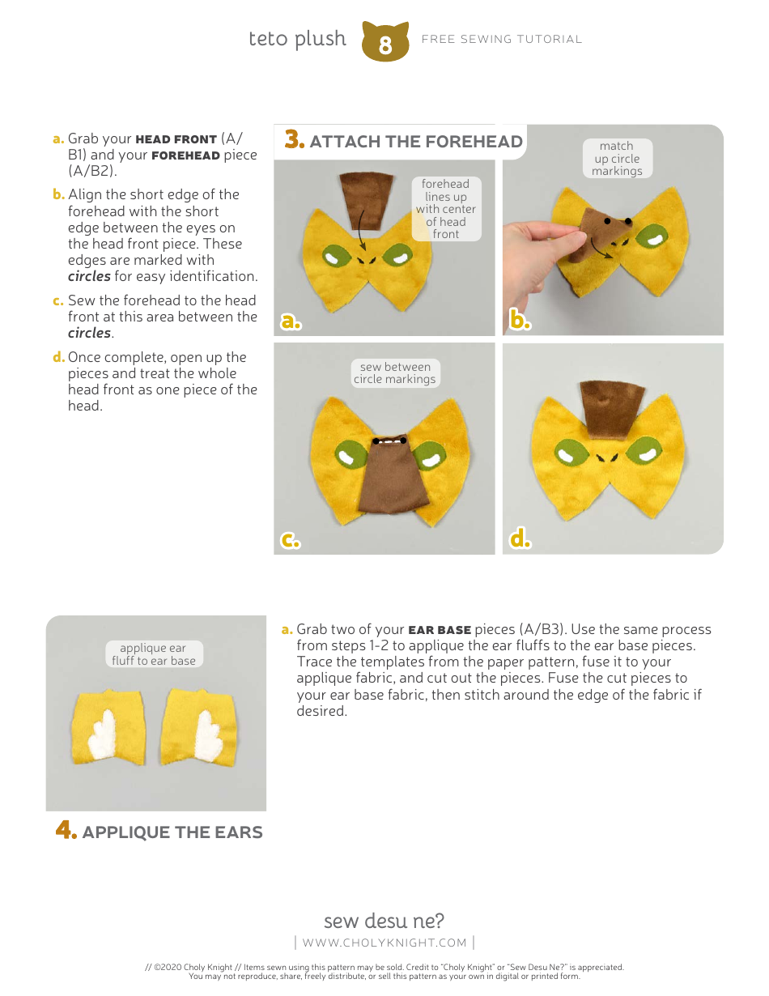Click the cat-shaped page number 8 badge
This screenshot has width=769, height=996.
(x=384, y=42)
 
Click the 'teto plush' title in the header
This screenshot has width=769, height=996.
(x=297, y=39)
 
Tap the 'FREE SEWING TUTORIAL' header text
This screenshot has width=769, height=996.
(x=502, y=39)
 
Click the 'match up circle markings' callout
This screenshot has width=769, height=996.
(x=617, y=159)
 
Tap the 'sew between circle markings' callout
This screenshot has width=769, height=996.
(x=395, y=373)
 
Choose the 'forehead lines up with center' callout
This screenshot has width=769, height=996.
(x=446, y=209)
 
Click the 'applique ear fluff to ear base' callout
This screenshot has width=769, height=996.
(x=154, y=654)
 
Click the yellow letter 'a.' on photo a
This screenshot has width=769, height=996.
(x=291, y=321)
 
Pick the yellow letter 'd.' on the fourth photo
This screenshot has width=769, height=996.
(x=520, y=539)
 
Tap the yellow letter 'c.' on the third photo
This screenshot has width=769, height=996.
(x=291, y=541)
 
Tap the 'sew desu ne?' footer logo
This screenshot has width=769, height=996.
(x=384, y=921)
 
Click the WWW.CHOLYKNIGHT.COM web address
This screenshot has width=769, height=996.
(x=384, y=943)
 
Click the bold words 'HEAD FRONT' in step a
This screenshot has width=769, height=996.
(x=176, y=139)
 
